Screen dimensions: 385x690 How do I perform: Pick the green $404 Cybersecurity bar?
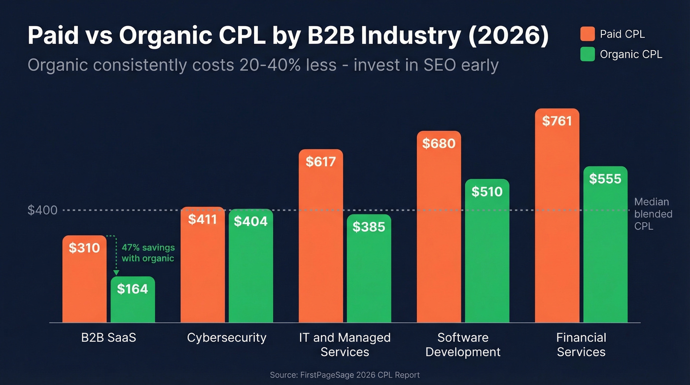pos(250,266)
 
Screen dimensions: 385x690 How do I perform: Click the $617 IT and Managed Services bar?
pos(321,236)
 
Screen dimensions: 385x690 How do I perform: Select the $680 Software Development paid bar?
pos(439,227)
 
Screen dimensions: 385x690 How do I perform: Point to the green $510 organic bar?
pos(487,251)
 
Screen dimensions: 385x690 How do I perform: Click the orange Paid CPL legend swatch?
pos(587,34)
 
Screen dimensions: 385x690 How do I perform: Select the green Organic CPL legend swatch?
pos(587,54)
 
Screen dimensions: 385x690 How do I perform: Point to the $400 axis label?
pos(42,210)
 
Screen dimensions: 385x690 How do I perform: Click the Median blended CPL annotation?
pos(653,214)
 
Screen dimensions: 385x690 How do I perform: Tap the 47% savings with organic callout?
pos(148,252)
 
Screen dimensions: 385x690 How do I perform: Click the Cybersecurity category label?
pos(227,338)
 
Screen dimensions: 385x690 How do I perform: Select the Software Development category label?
pos(463,345)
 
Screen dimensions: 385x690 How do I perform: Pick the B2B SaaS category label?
pos(108,338)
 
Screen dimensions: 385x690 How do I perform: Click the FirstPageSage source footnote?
pos(345,375)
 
